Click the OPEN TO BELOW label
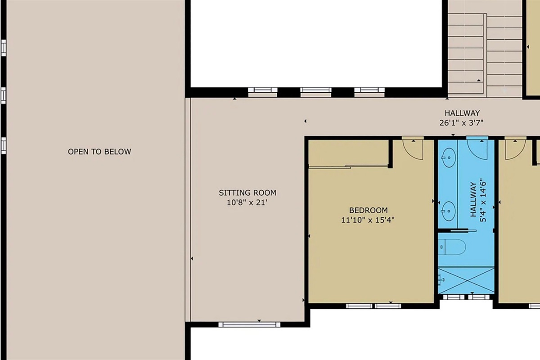(99, 152)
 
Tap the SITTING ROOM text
(247, 193)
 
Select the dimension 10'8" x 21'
(247, 202)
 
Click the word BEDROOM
(368, 210)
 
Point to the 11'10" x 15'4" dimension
(368, 220)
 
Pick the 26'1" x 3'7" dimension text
(462, 122)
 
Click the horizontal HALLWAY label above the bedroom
(462, 113)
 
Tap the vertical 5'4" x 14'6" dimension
(483, 201)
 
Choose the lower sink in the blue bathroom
(448, 210)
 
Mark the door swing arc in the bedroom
(413, 149)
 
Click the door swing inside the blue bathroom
(477, 148)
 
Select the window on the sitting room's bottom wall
(249, 324)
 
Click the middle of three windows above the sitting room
(316, 90)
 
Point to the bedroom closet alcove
(349, 153)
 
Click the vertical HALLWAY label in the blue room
(473, 201)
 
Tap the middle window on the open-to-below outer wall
(4, 95)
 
